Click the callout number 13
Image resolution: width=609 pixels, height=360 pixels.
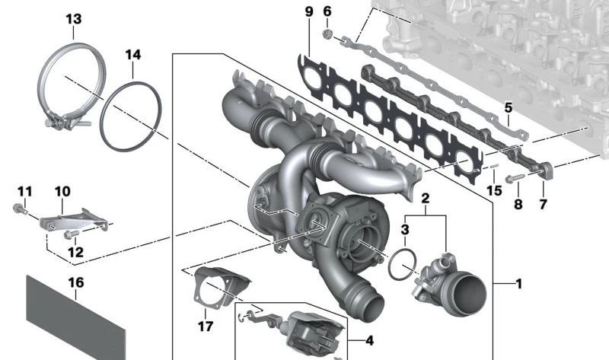click(73, 18)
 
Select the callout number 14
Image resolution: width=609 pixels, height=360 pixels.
click(133, 55)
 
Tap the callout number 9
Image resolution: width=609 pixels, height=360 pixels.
click(308, 12)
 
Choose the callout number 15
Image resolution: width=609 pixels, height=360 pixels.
click(494, 190)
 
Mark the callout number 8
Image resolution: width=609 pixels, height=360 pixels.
click(518, 204)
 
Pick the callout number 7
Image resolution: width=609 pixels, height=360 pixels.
click(543, 204)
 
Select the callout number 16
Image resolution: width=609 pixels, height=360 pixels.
click(75, 282)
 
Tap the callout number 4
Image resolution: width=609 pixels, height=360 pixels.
click(369, 340)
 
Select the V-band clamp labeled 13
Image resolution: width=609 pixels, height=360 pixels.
click(72, 84)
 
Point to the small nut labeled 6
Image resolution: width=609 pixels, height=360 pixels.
click(327, 33)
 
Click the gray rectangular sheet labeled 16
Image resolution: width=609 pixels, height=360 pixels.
click(75, 314)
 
